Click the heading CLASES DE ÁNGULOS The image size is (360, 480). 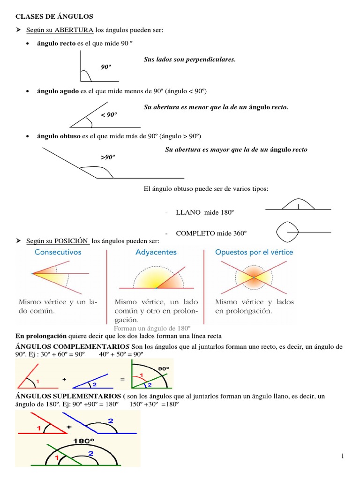point(54,16)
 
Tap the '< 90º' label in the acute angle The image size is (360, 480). point(108,115)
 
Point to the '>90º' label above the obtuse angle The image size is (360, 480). point(108,157)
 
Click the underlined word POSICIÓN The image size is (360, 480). point(72,241)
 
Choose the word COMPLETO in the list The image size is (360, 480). point(197,233)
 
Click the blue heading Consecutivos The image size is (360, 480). point(58,252)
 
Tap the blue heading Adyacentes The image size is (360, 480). point(156,252)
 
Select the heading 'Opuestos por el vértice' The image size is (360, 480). point(254,252)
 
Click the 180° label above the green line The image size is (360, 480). point(83,441)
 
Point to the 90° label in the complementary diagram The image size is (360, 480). point(163,368)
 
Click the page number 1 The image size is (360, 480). point(343,456)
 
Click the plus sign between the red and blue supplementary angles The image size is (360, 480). point(68,427)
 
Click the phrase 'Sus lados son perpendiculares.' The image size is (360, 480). point(189,60)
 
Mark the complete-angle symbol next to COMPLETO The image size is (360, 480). point(286,231)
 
